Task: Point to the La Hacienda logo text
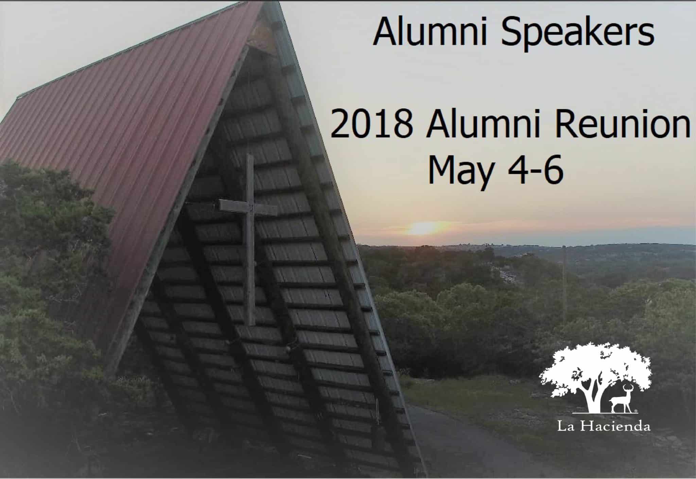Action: click(604, 426)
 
